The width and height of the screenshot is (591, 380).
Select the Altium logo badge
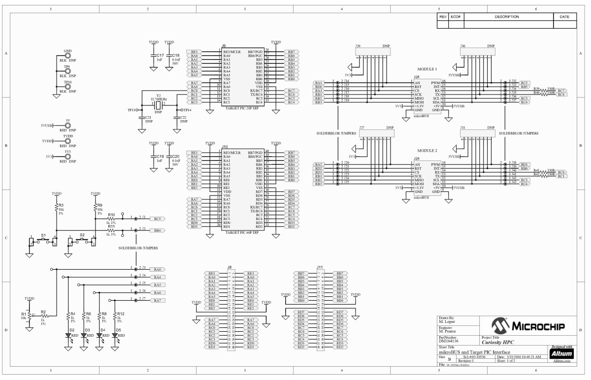point(561,353)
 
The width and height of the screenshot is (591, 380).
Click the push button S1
point(43,240)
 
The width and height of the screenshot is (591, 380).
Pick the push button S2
point(82,240)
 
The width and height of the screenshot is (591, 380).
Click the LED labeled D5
point(115,335)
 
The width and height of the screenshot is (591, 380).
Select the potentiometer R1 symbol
point(29,315)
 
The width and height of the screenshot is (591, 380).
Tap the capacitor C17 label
point(160,56)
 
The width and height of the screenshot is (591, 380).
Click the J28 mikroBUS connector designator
point(416,77)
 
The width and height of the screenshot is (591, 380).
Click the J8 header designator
point(230,267)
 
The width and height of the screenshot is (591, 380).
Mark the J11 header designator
point(320,267)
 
